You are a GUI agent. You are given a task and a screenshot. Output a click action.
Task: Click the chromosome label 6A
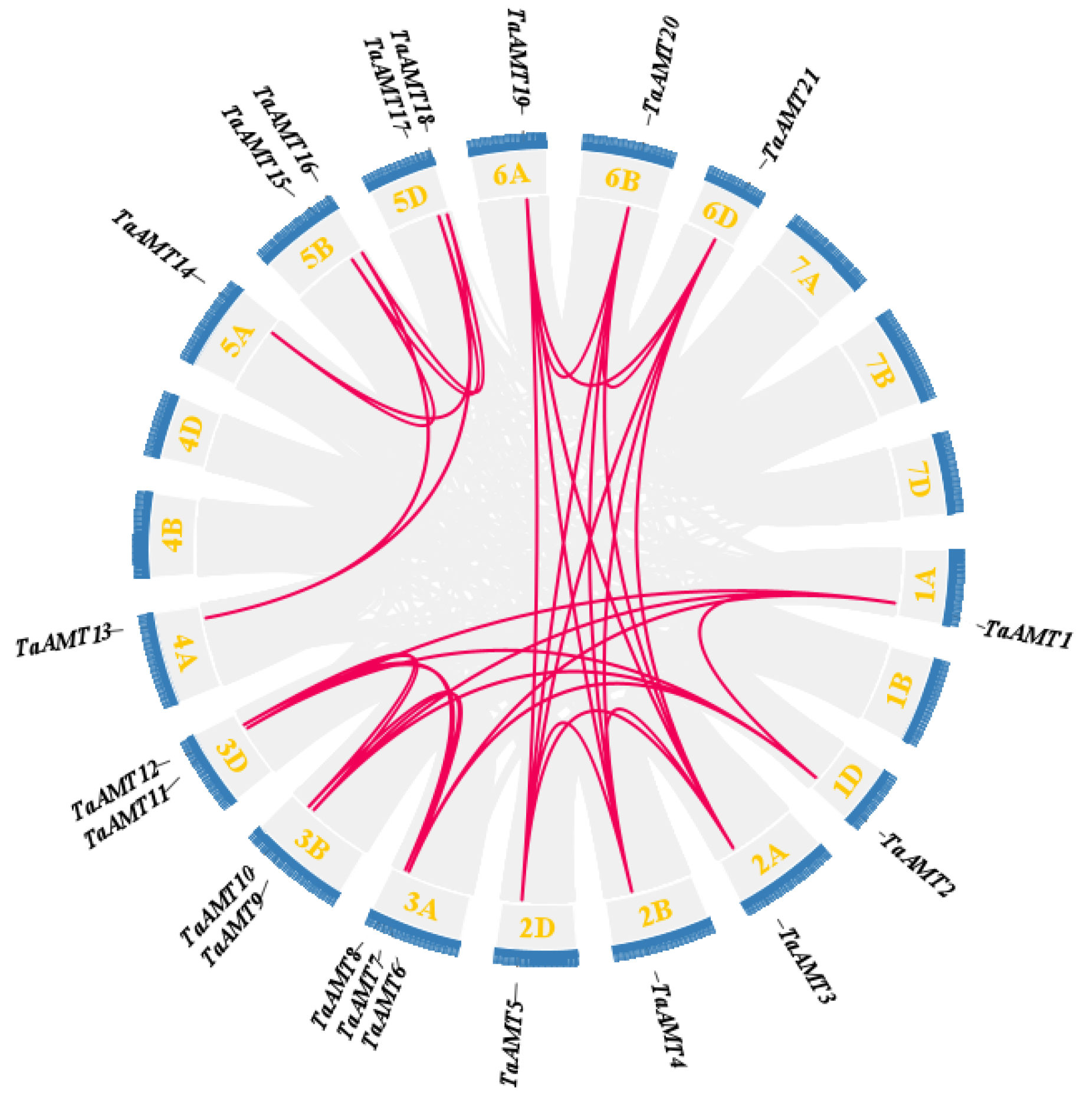[x=511, y=175]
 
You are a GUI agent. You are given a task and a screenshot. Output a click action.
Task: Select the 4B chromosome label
[x=173, y=535]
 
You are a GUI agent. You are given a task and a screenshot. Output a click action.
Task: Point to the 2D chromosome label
[x=537, y=928]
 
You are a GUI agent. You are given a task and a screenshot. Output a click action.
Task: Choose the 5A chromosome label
[x=238, y=340]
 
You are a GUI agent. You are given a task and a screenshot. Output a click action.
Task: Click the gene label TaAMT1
[x=1026, y=634]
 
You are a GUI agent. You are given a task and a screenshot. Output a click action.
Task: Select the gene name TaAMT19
[x=518, y=59]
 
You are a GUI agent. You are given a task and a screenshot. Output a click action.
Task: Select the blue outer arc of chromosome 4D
[x=160, y=424]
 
